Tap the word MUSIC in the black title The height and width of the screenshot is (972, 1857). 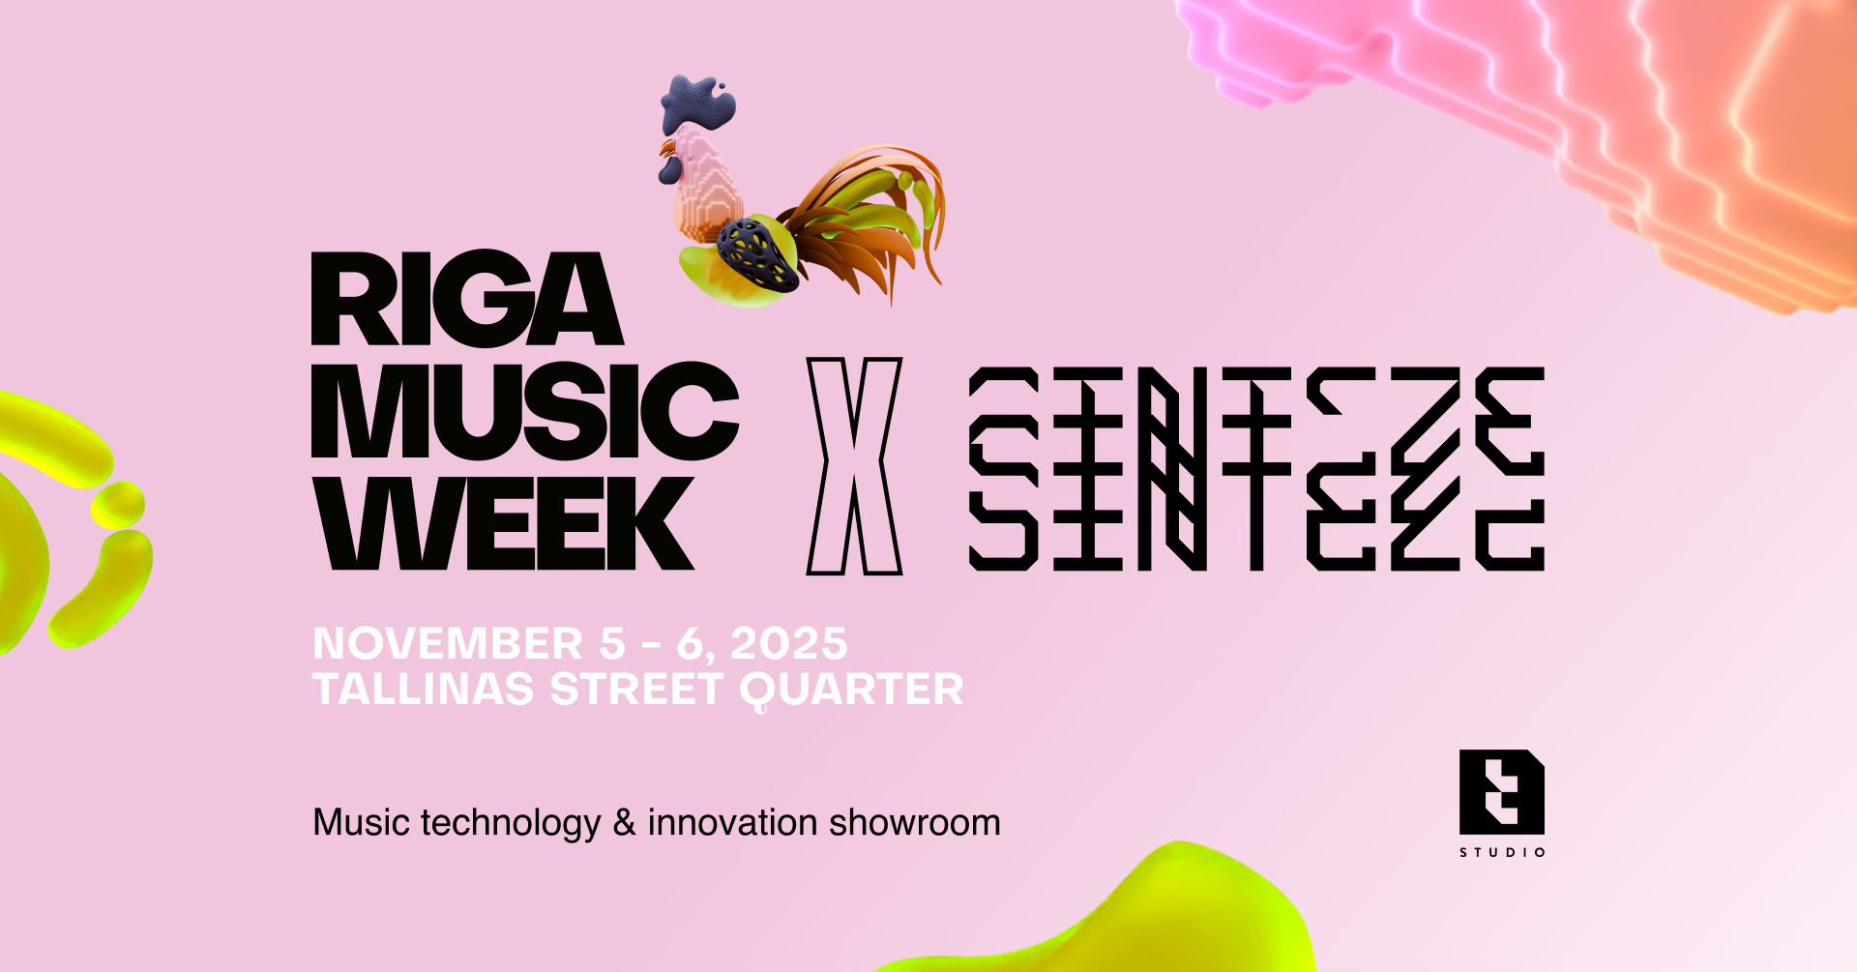(525, 411)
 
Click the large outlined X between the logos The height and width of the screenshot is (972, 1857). (854, 466)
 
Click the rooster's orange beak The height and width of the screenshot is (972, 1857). (666, 149)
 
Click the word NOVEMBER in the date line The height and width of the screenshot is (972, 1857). (448, 644)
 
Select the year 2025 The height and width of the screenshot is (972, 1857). (788, 644)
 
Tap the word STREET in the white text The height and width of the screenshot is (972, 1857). (636, 690)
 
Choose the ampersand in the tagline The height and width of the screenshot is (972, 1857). (625, 823)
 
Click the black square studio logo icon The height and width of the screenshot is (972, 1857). (1502, 792)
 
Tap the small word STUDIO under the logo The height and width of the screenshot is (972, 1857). (1502, 852)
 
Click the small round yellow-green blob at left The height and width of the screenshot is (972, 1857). (118, 505)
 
